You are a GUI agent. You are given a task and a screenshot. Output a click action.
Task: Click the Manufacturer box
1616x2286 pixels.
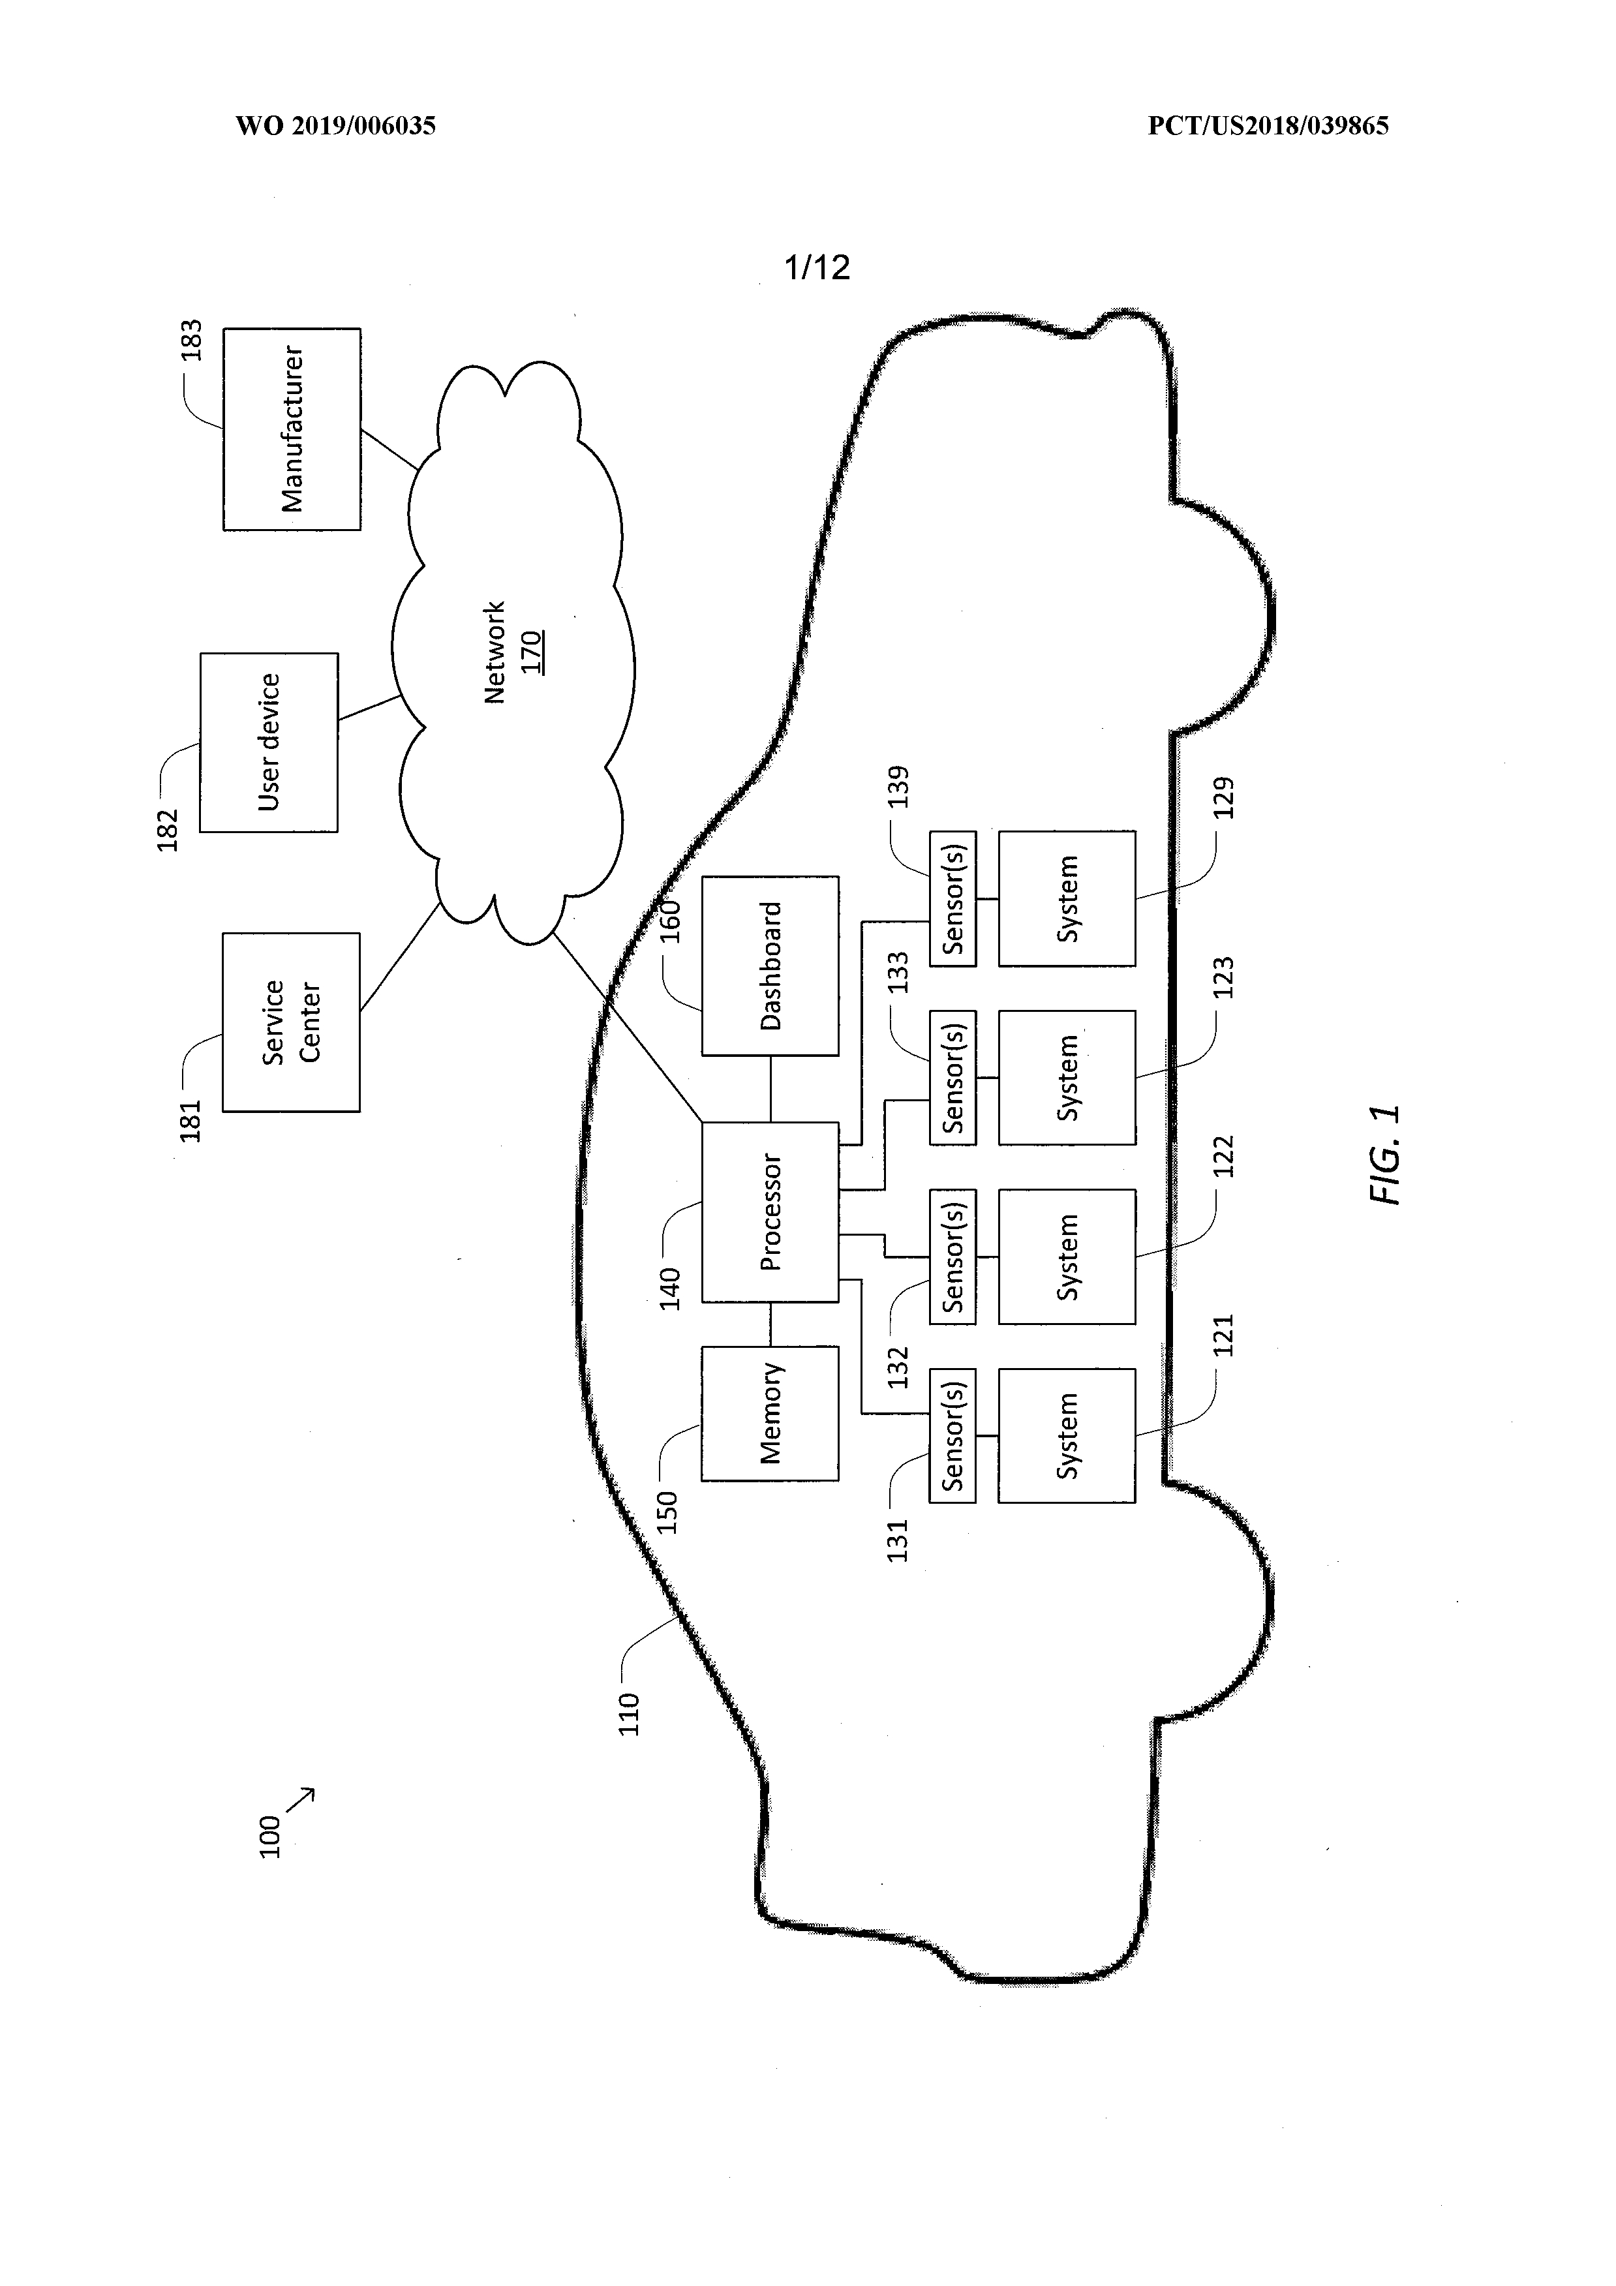click(292, 429)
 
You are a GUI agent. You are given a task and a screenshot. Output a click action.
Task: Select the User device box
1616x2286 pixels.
click(269, 742)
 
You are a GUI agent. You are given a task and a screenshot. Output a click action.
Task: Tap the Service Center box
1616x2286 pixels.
click(291, 1022)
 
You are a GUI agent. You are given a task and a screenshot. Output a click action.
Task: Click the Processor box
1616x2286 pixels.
click(770, 1212)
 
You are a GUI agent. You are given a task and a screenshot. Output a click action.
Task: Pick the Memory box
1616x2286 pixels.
click(770, 1414)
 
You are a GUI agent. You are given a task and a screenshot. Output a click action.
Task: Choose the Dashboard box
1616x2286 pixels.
click(770, 966)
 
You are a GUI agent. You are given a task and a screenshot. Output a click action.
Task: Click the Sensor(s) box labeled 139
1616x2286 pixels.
click(952, 898)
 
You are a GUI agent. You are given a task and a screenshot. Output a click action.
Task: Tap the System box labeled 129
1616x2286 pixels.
click(1067, 898)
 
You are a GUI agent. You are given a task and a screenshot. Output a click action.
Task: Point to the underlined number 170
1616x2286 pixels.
click(532, 652)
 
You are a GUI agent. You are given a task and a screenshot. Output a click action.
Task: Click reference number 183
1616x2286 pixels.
click(191, 341)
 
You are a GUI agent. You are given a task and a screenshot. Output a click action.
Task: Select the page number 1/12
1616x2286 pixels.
click(817, 267)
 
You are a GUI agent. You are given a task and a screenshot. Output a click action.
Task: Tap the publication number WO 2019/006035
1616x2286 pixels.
click(335, 125)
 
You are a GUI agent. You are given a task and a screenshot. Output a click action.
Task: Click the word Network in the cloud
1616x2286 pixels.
click(495, 652)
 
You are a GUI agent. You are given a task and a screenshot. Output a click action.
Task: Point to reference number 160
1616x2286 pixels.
click(671, 921)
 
